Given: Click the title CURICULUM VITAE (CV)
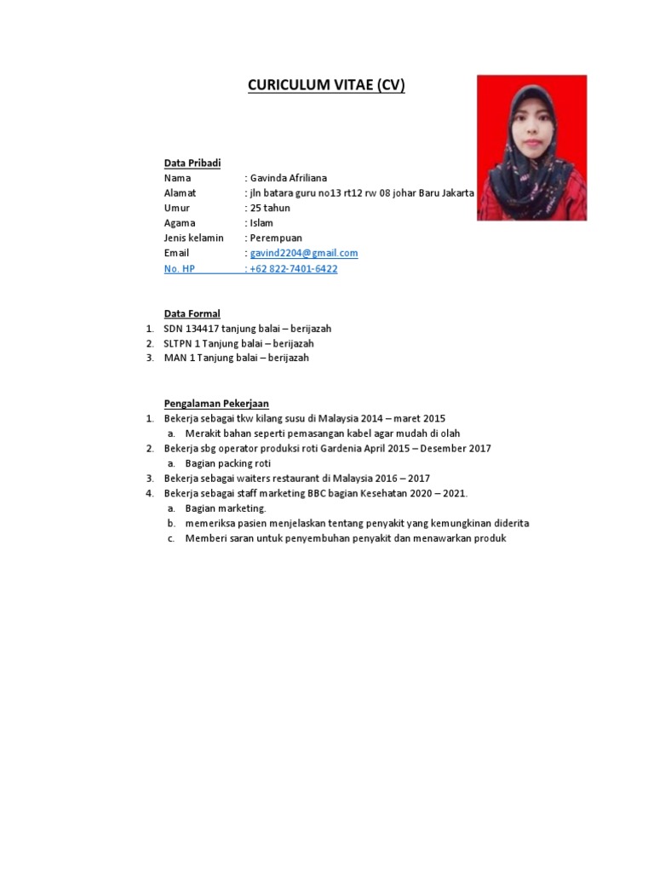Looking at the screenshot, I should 326,85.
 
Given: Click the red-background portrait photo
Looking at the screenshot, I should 531,147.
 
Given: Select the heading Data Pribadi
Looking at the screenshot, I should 192,163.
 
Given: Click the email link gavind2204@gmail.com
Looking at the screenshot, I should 304,253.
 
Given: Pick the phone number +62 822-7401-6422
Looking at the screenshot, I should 294,268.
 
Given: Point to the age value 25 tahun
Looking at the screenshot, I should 270,208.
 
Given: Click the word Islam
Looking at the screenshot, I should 261,223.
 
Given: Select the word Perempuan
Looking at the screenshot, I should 276,238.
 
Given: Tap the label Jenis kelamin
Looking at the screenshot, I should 194,238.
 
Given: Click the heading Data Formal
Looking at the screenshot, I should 192,313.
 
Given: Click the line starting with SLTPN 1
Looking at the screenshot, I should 238,343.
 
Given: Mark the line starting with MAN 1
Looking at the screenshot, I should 236,358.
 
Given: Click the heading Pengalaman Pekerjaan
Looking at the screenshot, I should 216,403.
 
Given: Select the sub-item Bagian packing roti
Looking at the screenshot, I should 227,463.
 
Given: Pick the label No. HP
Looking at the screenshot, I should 180,268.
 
